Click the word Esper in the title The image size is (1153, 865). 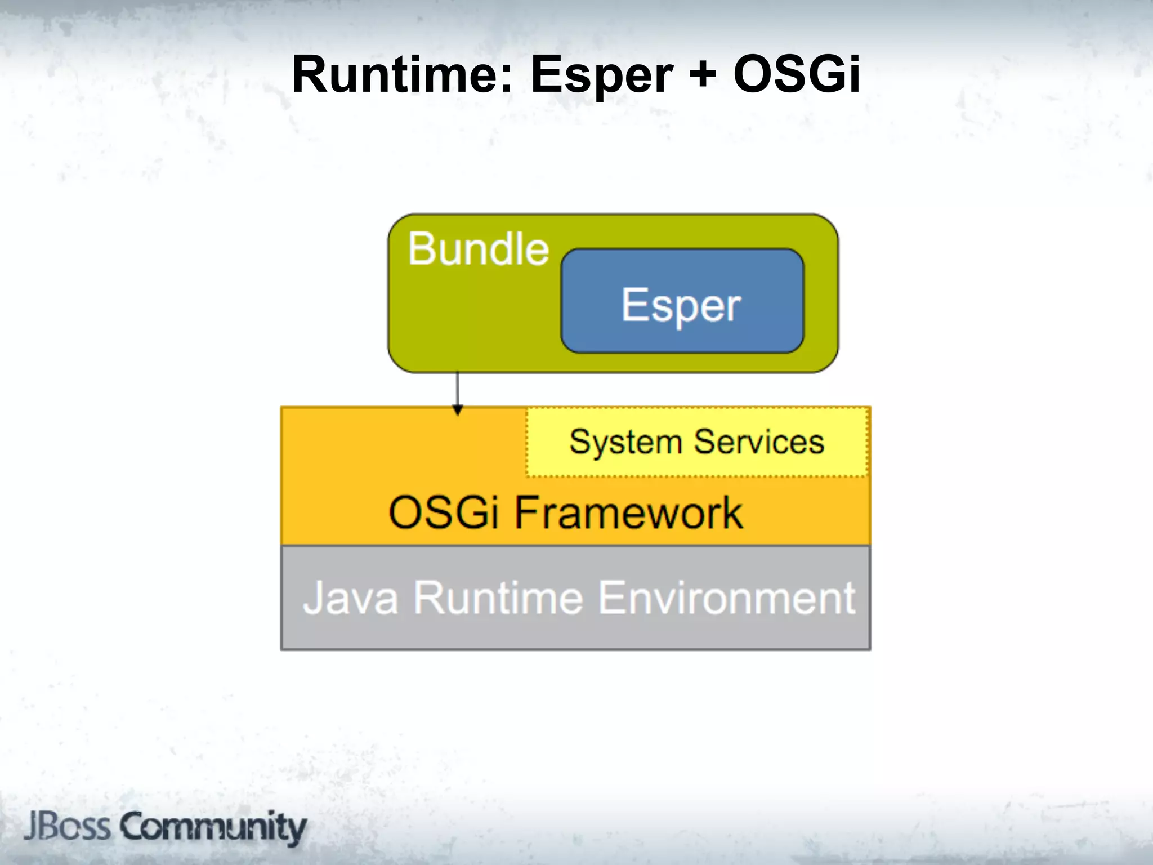coord(601,75)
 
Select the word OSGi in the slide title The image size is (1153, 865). coord(796,74)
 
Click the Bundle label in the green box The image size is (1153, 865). coord(478,249)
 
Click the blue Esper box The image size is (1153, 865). coord(682,301)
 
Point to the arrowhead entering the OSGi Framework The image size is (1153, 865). coord(458,411)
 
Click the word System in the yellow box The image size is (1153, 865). coord(625,442)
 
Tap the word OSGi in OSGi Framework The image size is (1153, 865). coord(444,512)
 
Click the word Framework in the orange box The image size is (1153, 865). coord(628,512)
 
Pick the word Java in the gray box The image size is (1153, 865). coord(350,598)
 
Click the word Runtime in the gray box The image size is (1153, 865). coord(498,598)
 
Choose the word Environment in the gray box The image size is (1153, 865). coord(726,598)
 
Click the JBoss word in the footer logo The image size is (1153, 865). coord(68,827)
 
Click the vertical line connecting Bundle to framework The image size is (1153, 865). coord(457,389)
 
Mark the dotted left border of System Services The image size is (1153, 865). coord(527,443)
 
